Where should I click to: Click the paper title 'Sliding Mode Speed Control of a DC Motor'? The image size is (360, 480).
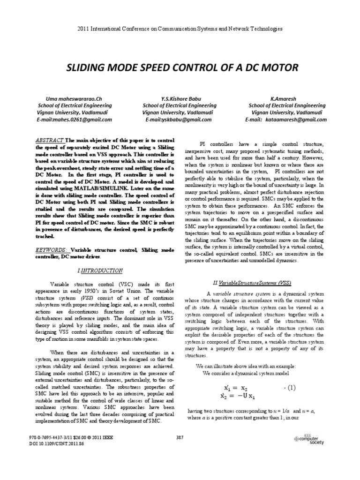[180, 68]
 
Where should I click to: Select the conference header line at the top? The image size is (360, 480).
[180, 29]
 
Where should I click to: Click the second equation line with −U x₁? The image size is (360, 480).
[238, 396]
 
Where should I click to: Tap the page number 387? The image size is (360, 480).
[180, 437]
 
